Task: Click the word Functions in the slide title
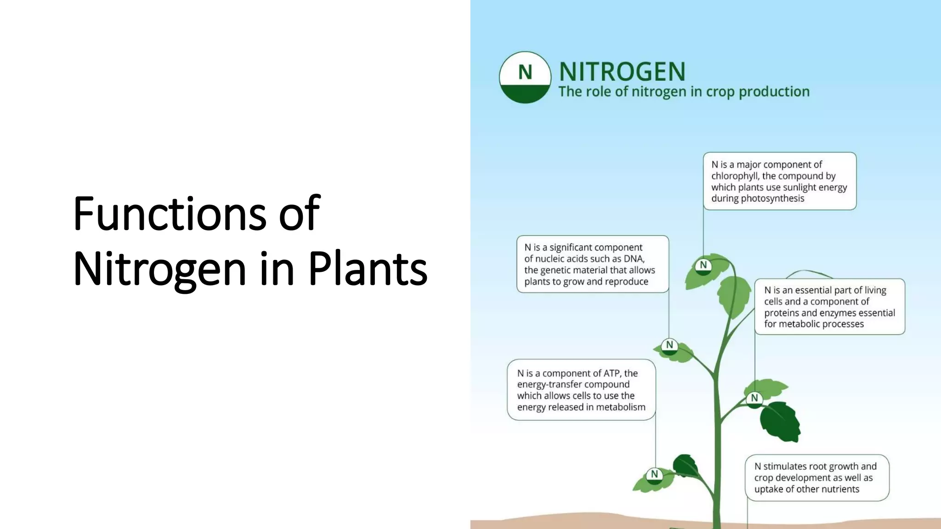[170, 213]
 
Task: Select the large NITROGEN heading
[622, 72]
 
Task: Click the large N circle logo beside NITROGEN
[525, 77]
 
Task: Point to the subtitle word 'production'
[774, 92]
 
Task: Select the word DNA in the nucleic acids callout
[634, 259]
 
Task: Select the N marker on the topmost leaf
[703, 265]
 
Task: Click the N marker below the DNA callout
[669, 345]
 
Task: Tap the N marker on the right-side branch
[754, 398]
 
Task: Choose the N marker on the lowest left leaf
[654, 474]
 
